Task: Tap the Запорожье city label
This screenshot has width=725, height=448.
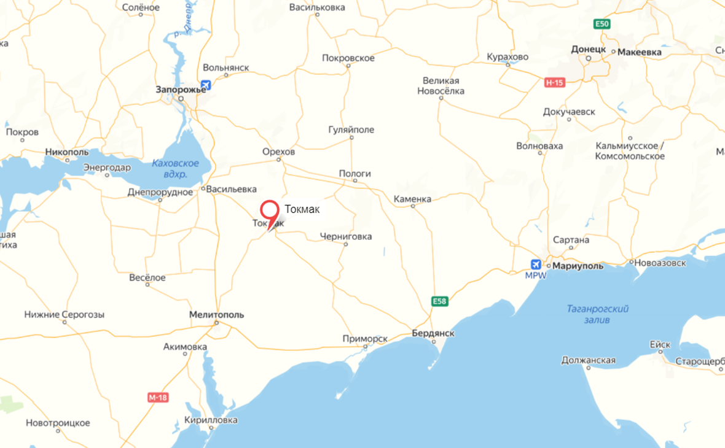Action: point(181,90)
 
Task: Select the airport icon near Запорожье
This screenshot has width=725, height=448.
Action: point(206,85)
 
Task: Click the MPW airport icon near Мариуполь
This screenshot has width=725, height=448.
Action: point(536,265)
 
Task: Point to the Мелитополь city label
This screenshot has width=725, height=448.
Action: point(216,315)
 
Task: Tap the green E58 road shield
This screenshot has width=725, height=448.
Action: point(439,301)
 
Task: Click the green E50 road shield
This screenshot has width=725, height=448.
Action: point(602,24)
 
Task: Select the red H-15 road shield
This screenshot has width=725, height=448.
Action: point(555,82)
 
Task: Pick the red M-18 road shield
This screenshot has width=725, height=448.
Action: point(158,398)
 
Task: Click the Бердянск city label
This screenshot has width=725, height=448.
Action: point(433,333)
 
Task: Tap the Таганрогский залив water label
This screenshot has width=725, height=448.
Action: point(598,314)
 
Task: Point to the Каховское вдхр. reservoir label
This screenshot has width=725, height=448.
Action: point(176,169)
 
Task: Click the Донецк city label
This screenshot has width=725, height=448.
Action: point(589,49)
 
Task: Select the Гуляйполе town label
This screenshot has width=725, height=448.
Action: point(351,130)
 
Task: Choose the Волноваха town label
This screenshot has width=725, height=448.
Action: point(539,146)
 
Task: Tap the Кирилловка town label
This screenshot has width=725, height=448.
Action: point(211,420)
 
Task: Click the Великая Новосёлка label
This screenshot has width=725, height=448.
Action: point(441,86)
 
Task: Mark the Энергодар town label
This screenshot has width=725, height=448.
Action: point(107,168)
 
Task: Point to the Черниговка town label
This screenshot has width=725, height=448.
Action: point(346,237)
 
